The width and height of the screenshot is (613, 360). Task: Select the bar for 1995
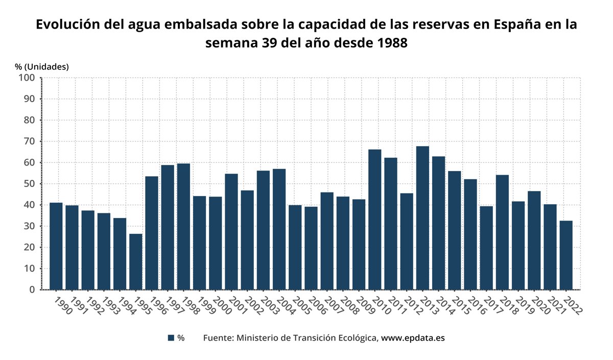135,261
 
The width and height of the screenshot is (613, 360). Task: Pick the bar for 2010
374,220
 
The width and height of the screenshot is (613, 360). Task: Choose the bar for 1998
183,227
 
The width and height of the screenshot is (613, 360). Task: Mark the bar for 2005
295,247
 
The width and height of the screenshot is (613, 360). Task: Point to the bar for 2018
502,232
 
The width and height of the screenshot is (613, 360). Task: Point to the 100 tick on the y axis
26,78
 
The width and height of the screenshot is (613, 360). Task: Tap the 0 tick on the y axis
32,290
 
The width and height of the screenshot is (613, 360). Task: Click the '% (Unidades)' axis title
41,66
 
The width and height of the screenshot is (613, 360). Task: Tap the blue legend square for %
171,338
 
